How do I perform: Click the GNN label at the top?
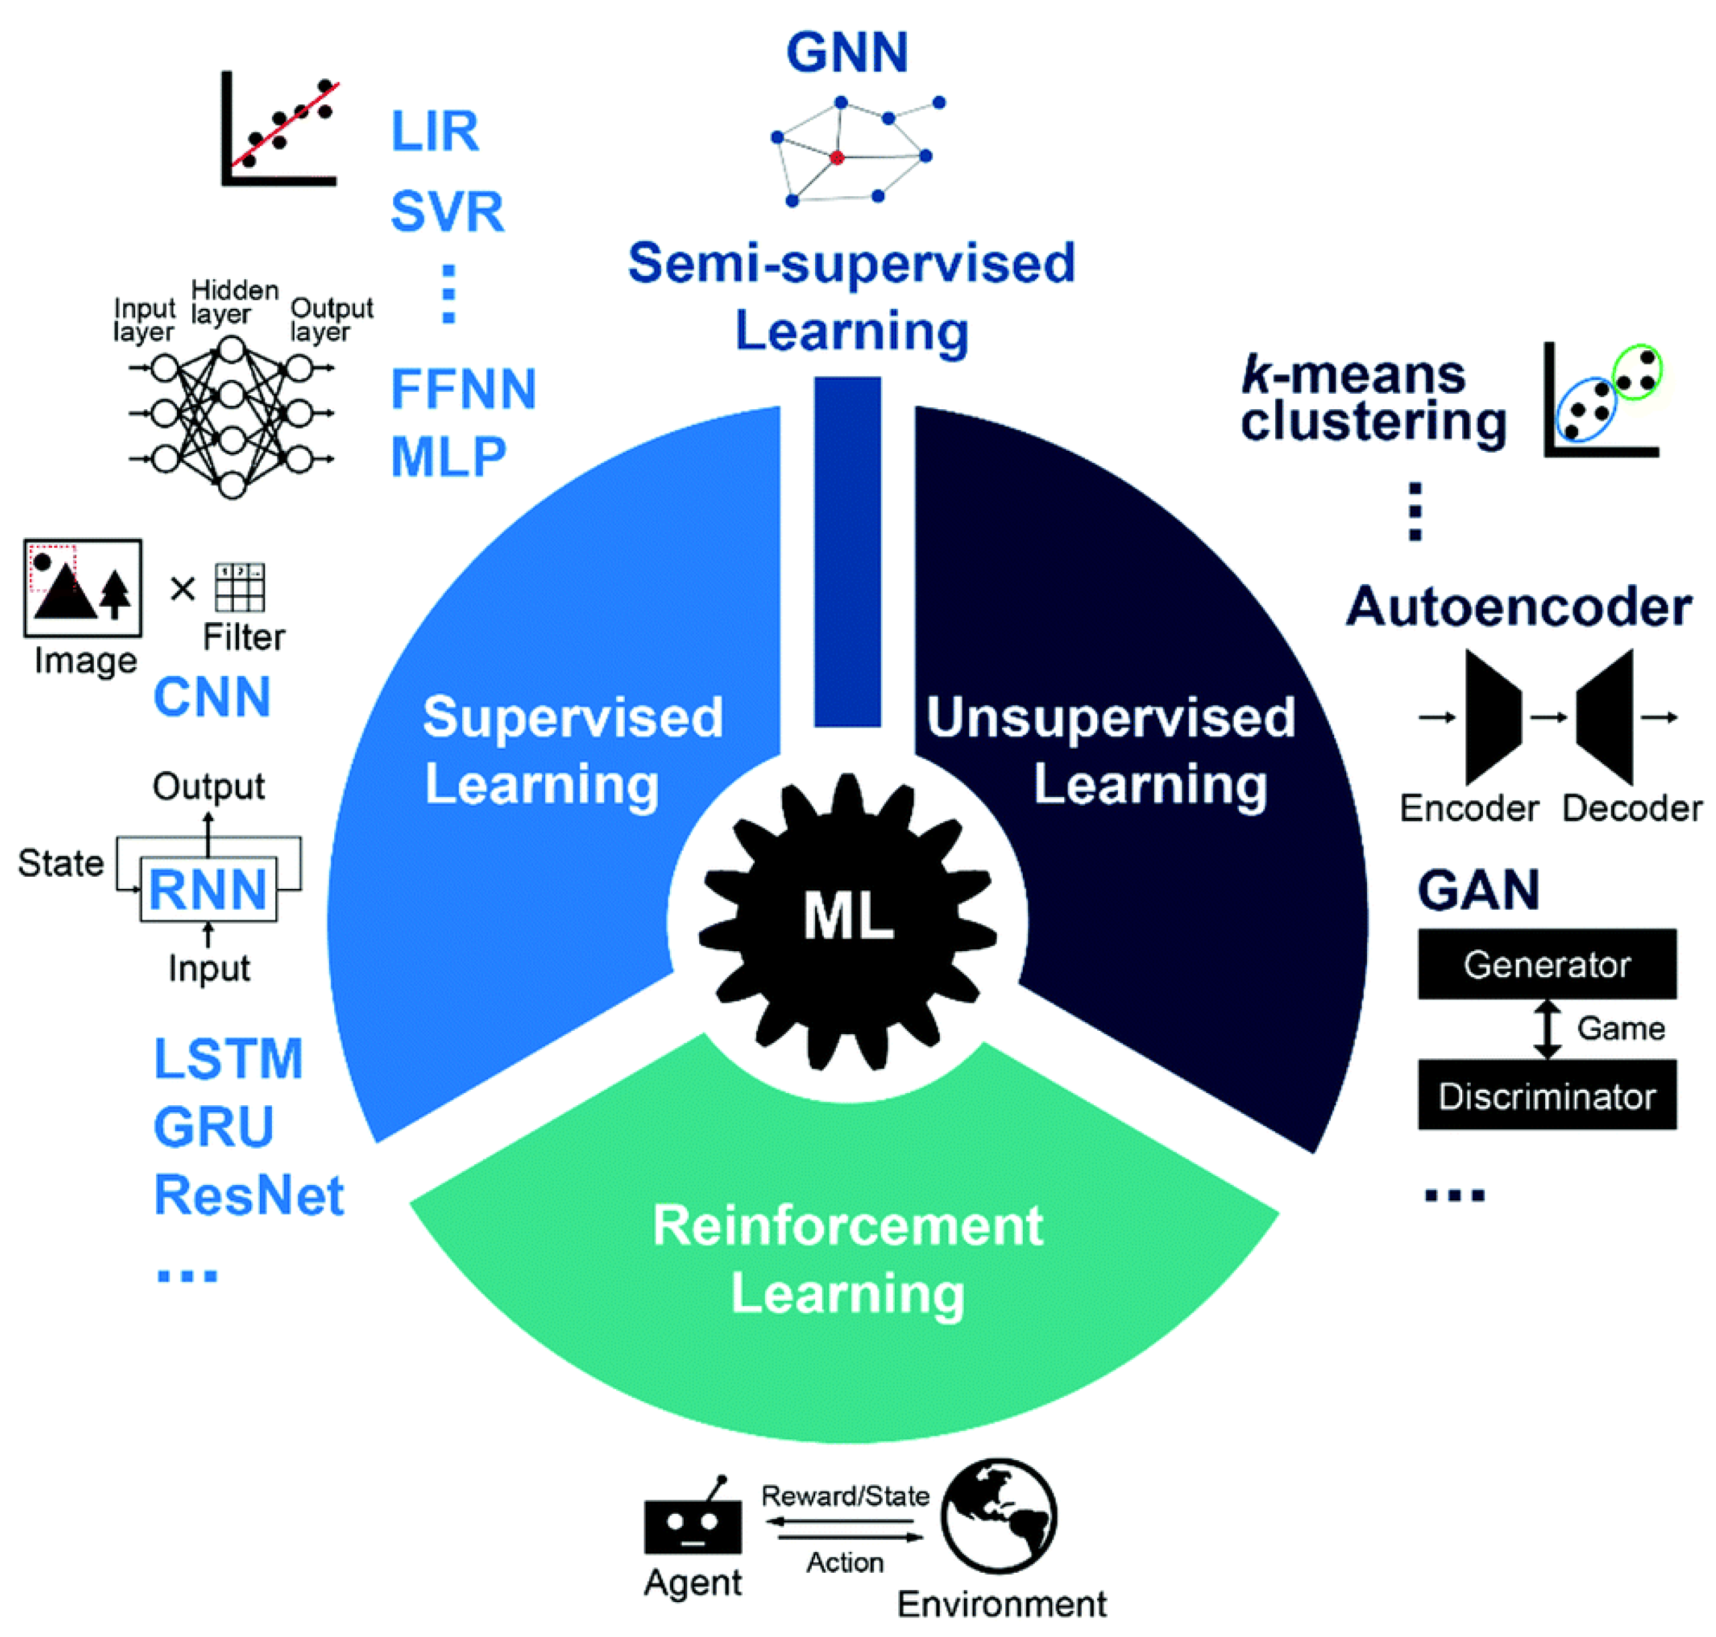coord(846,52)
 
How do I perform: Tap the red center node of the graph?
coord(836,158)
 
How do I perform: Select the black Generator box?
coord(1546,965)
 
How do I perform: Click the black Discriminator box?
coord(1546,1095)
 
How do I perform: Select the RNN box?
coord(208,889)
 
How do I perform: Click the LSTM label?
coord(228,1058)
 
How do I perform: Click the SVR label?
coord(447,212)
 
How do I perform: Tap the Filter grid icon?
coord(239,587)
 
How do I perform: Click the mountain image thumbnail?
coord(83,587)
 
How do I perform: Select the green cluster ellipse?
coord(1636,372)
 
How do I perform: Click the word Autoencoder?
coord(1518,608)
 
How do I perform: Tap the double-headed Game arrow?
coord(1547,1029)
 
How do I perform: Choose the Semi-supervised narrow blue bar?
coord(847,551)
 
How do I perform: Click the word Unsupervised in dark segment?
coord(1110,718)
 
